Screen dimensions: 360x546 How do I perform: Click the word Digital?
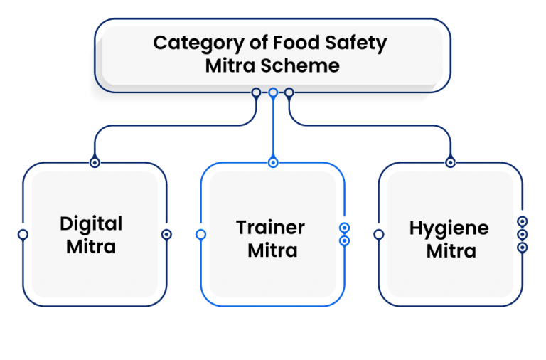91,223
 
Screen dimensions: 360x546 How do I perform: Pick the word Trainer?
270,228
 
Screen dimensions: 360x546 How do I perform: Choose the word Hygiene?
449,228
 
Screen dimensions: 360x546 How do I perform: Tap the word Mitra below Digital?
91,247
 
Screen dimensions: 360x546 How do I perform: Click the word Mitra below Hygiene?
451,251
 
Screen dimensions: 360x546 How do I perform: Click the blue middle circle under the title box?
273,92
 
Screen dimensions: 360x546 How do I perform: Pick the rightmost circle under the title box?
289,92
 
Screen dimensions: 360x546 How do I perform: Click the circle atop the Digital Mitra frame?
94,163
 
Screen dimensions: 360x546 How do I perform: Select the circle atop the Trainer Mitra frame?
273,163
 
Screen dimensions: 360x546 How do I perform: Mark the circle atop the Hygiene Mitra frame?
450,163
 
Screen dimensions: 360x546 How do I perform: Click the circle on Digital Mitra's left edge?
23,234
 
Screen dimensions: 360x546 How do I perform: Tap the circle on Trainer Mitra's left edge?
201,234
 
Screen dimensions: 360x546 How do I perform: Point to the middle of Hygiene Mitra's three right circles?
523,234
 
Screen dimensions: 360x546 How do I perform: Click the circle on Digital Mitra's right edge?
166,234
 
